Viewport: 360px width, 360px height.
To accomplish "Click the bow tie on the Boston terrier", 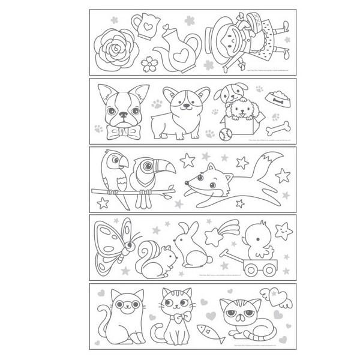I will pos(125,131).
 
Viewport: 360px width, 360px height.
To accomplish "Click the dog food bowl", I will pos(278,97).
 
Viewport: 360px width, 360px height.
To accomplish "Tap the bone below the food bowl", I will pos(280,128).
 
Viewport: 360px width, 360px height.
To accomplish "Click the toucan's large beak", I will pos(164,166).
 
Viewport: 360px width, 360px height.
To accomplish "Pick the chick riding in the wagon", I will pos(256,241).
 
